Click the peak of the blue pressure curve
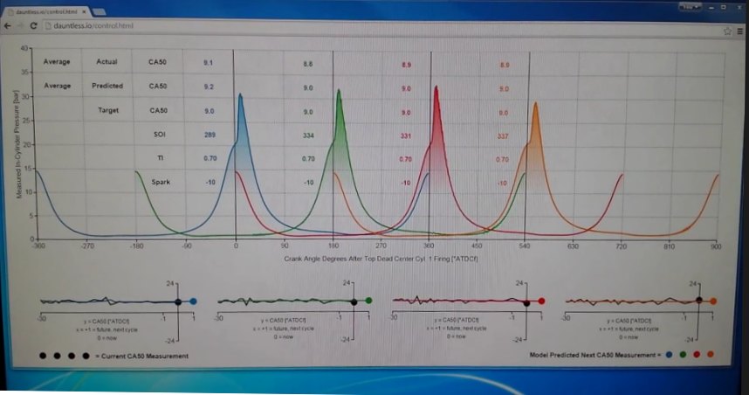pos(241,94)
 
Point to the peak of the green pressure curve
pos(338,90)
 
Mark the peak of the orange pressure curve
pos(536,104)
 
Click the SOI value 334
pos(308,135)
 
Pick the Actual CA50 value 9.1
pos(208,64)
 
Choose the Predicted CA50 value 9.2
pos(208,87)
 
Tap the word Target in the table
pos(109,111)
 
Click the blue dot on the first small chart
pos(193,301)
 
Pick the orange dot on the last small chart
pos(713,301)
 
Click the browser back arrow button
pos(8,27)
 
